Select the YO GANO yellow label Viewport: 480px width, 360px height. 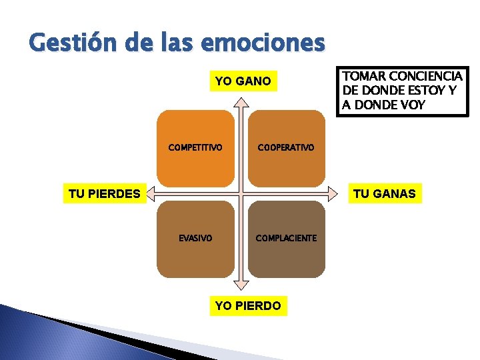point(243,81)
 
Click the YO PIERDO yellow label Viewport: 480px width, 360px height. point(248,306)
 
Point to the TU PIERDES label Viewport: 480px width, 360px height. point(105,194)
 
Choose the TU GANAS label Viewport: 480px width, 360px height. point(384,194)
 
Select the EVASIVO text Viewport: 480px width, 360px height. point(195,237)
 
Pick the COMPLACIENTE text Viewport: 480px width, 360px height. point(286,238)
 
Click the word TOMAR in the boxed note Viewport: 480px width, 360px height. point(361,77)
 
